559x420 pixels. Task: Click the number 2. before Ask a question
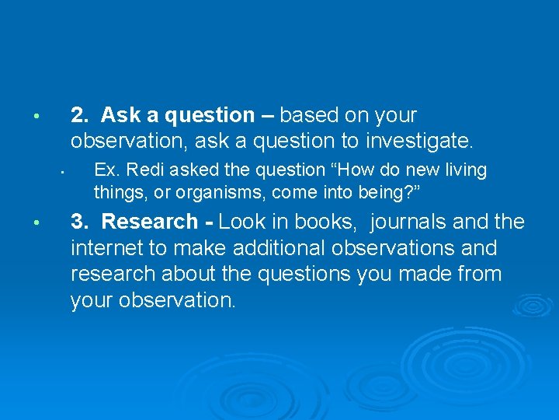(x=80, y=116)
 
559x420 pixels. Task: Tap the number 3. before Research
(x=80, y=222)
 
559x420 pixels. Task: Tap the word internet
(x=105, y=249)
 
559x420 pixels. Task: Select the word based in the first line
(x=308, y=116)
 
